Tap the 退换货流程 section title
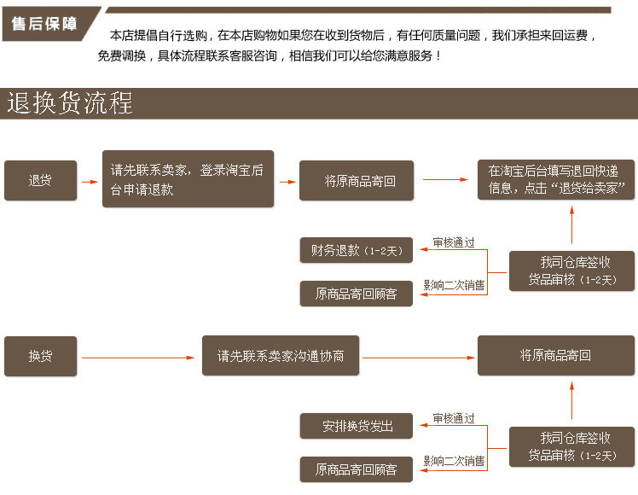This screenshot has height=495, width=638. [70, 103]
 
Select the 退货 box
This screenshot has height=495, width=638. [40, 181]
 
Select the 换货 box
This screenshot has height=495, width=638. [40, 356]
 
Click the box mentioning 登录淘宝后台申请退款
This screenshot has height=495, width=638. [188, 179]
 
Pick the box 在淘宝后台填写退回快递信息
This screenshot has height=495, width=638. [557, 179]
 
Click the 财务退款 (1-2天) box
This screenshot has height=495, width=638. [357, 251]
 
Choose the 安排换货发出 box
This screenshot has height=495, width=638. [357, 426]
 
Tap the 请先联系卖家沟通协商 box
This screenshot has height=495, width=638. [281, 356]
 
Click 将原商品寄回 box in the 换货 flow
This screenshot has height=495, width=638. [557, 356]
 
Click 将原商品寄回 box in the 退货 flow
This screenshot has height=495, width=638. [357, 181]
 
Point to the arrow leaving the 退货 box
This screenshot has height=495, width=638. [90, 181]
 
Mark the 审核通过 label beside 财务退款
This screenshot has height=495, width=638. [454, 242]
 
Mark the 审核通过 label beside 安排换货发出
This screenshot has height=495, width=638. [454, 418]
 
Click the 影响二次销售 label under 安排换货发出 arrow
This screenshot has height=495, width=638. [454, 461]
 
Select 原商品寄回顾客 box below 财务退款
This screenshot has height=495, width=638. [357, 294]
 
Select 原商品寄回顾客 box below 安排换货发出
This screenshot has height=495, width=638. [357, 469]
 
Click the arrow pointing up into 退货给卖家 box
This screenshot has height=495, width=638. [571, 227]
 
